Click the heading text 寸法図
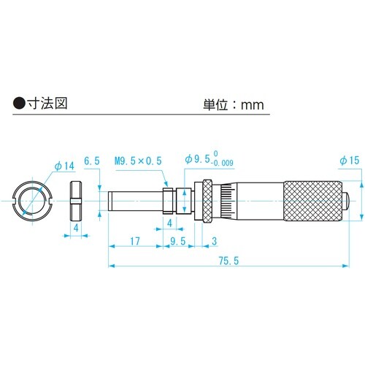pyautogui.click(x=45, y=104)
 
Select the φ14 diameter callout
pyautogui.click(x=64, y=166)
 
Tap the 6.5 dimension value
pyautogui.click(x=91, y=161)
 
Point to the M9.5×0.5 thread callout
pyautogui.click(x=139, y=161)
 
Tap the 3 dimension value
pyautogui.click(x=212, y=240)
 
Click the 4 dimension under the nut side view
pyautogui.click(x=77, y=228)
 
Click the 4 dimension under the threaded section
pyautogui.click(x=169, y=221)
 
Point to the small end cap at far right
pyautogui.click(x=349, y=199)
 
